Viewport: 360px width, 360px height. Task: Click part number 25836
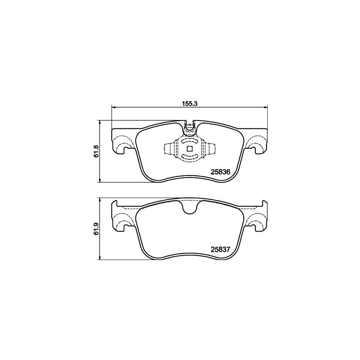click(x=220, y=172)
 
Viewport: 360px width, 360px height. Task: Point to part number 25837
click(x=220, y=249)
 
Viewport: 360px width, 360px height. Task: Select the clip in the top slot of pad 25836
click(x=189, y=128)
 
